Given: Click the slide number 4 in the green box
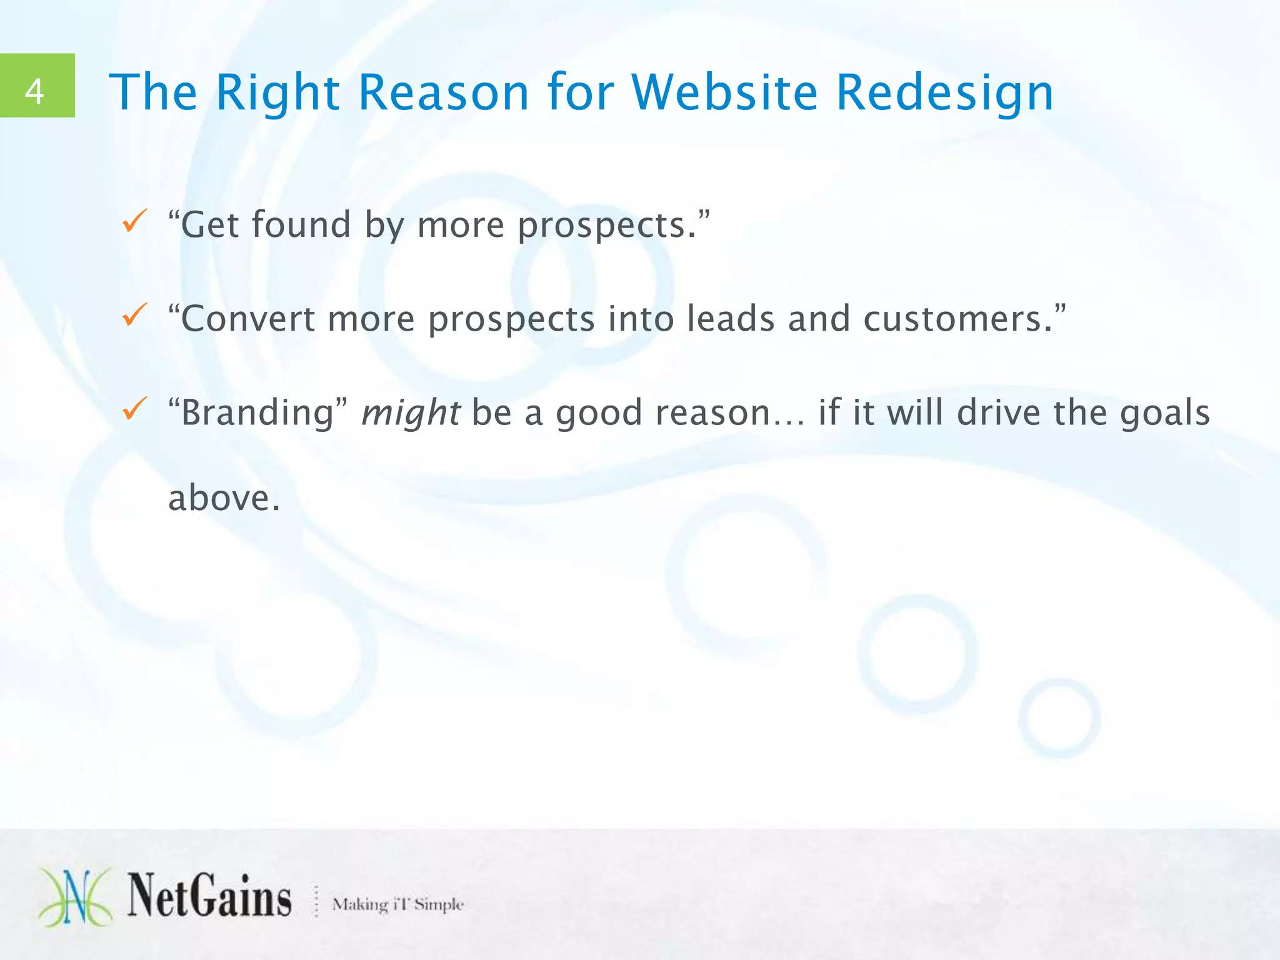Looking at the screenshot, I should (35, 92).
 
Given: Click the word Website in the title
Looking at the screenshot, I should (724, 92).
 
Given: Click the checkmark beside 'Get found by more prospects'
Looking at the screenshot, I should (134, 221).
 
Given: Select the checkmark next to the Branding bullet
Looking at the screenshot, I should (134, 409).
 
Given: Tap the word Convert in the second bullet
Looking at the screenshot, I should (248, 318).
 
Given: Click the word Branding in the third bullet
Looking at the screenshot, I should (257, 413).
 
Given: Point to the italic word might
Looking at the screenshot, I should (411, 413).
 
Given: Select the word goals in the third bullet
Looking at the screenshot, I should (1164, 413).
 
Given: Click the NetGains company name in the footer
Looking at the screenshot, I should (209, 897).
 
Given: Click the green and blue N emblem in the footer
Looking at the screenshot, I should (75, 897).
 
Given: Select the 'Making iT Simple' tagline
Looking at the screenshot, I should (397, 904).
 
